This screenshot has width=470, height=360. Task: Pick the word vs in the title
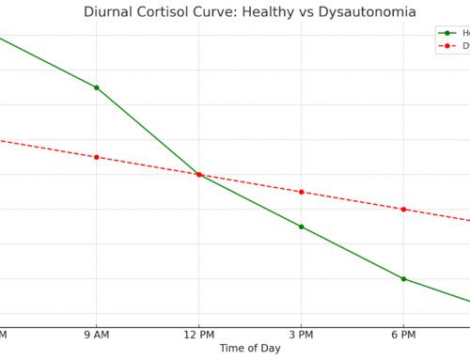click(x=318, y=12)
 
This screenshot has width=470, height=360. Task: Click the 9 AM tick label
click(x=96, y=335)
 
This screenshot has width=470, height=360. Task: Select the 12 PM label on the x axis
click(x=198, y=335)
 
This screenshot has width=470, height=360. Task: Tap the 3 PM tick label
click(x=301, y=335)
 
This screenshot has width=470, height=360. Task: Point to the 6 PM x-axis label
click(x=403, y=335)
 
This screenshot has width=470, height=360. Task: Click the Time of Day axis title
click(x=250, y=349)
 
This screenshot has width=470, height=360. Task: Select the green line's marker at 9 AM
click(x=96, y=87)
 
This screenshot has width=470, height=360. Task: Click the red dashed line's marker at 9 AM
click(x=96, y=157)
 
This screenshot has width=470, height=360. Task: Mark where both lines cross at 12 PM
click(x=198, y=174)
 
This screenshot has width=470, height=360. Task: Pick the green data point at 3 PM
click(x=301, y=227)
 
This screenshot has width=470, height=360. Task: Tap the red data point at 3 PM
click(x=301, y=192)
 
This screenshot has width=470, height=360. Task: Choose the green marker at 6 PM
click(x=403, y=278)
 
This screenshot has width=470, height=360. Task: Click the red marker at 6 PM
click(x=403, y=209)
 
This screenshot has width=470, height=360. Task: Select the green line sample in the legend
click(x=447, y=33)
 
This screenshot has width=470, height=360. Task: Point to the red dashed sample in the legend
click(x=447, y=45)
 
